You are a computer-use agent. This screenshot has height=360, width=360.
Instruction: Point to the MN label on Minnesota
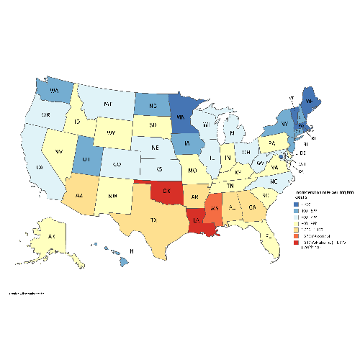pos(181,112)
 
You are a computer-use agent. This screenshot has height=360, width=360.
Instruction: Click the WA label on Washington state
pos(55,91)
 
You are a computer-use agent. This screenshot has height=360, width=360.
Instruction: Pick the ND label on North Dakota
pos(144,105)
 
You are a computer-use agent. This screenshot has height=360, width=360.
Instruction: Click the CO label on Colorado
pos(116,164)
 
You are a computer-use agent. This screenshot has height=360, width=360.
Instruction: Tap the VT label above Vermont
pos(292,96)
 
